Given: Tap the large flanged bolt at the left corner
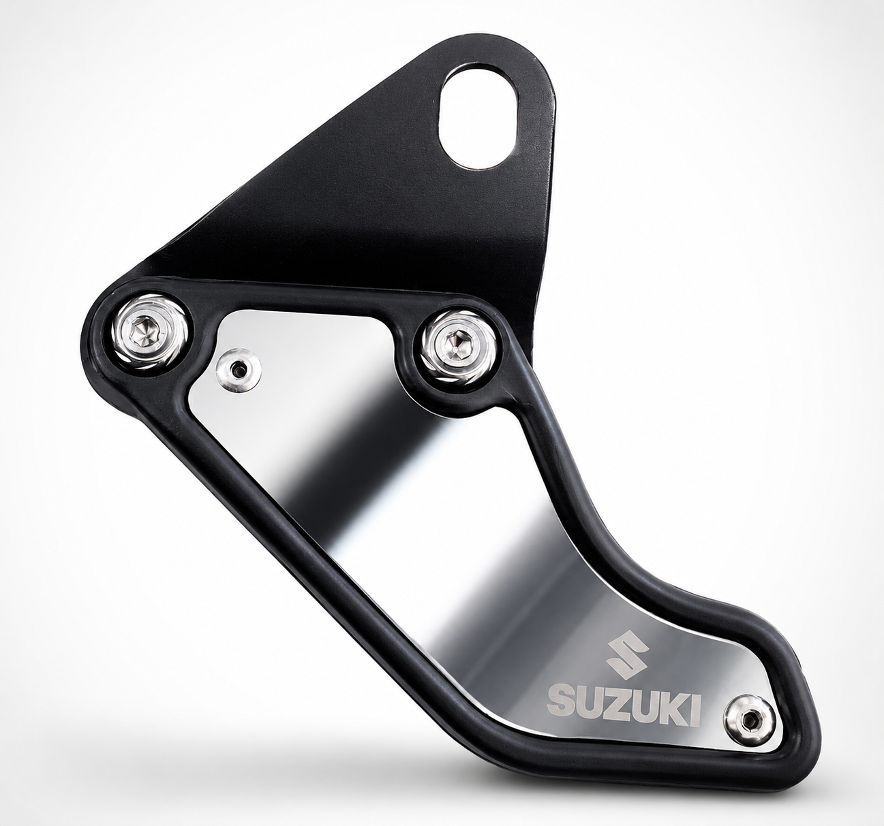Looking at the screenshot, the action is click(x=149, y=334).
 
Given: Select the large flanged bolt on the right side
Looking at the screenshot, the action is click(x=459, y=346).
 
